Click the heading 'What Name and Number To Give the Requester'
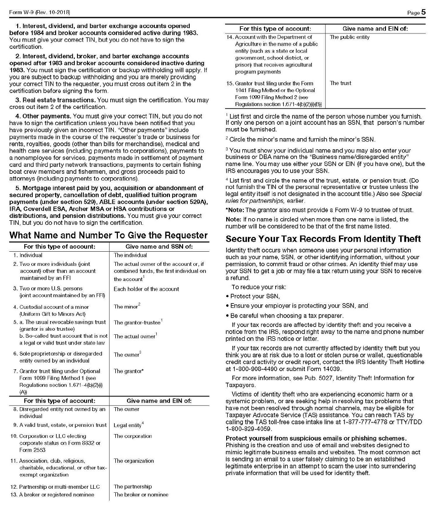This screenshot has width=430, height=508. tap(108, 236)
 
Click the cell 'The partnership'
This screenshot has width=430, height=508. tap(133, 487)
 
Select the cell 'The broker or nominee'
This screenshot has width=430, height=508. tap(141, 494)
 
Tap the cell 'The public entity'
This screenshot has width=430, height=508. tap(350, 37)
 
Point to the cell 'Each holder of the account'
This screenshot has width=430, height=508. tap(146, 289)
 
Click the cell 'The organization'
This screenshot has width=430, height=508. tap(134, 461)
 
